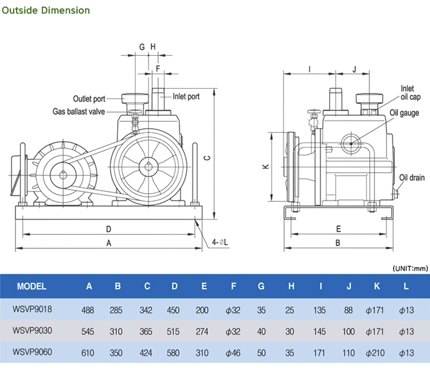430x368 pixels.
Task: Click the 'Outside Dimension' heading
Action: pos(46,10)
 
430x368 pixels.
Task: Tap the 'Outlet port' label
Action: pos(89,99)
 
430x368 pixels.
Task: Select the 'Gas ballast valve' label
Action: pos(79,111)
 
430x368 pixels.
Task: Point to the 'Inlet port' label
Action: pos(186,97)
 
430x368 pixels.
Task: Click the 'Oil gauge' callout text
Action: pos(404,113)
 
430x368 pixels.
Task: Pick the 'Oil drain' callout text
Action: pos(412,178)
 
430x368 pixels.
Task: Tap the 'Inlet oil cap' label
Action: pos(410,93)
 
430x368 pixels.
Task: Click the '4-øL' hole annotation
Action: pos(219,242)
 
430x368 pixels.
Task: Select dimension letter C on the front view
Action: pos(207,158)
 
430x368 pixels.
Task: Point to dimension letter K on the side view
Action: pos(266,166)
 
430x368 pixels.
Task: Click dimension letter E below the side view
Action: pos(338,229)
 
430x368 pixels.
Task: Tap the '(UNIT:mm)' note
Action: pos(410,268)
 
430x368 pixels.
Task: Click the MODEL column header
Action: pos(31,286)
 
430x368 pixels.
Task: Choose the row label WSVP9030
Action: pos(32,330)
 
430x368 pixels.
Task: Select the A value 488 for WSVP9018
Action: pos(88,310)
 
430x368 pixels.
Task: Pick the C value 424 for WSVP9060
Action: pos(146,353)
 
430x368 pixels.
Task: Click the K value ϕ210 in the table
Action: pos(375,353)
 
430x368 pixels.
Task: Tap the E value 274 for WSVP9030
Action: pos(202,332)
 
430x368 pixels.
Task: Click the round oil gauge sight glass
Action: pos(351,143)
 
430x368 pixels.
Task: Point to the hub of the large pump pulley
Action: pos(148,166)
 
